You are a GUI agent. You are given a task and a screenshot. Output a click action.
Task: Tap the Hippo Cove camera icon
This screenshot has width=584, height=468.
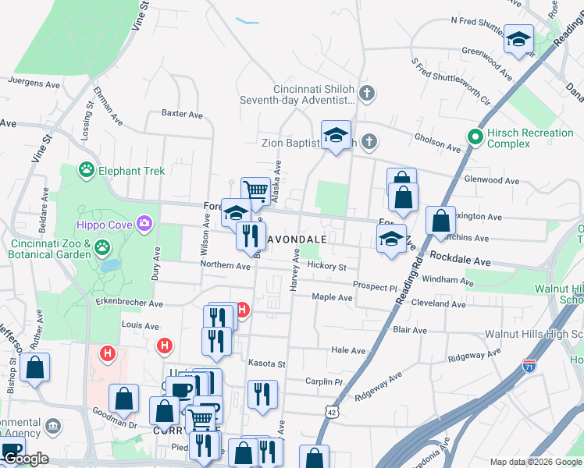tap(144, 225)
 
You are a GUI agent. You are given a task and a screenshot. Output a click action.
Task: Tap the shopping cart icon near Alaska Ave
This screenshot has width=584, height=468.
tap(255, 190)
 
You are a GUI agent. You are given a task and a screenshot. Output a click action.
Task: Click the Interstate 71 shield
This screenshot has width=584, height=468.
tap(529, 364)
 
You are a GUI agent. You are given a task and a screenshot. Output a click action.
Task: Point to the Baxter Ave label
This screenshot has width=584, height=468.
tap(182, 113)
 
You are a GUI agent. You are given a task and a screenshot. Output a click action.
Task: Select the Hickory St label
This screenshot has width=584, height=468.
tap(326, 266)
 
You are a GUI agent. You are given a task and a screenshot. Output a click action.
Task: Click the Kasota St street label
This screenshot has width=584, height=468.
tap(267, 363)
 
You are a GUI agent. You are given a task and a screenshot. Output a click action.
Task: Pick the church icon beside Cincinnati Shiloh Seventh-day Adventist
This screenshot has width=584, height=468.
tap(368, 94)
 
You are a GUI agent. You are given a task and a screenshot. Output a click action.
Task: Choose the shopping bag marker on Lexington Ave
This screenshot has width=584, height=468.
tap(441, 220)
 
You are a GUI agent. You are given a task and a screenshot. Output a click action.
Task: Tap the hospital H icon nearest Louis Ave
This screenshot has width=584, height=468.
tap(165, 344)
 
